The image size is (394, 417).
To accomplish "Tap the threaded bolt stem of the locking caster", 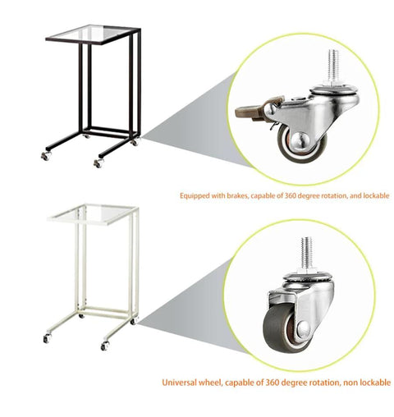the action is (x=333, y=67).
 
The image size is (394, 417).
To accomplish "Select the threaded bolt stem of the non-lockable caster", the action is (x=307, y=253).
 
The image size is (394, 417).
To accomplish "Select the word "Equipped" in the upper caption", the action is (x=195, y=196).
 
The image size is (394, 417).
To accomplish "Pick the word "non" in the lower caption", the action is (x=350, y=383).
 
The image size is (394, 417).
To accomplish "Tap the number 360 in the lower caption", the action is (x=273, y=383).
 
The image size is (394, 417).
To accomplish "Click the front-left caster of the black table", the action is (x=46, y=155).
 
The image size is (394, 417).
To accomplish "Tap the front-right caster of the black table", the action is (x=98, y=163).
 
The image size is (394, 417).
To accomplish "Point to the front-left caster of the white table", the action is (x=47, y=338).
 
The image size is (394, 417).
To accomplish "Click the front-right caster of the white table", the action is (x=105, y=346).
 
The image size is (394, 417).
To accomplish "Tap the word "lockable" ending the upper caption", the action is (x=375, y=195).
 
